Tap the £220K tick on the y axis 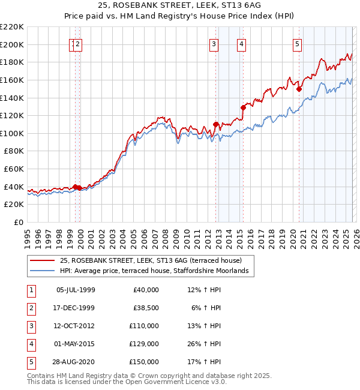pyautogui.click(x=12, y=27)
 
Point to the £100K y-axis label pyautogui.click(x=12, y=133)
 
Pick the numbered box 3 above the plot pyautogui.click(x=214, y=43)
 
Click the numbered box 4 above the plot pyautogui.click(x=241, y=43)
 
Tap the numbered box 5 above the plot pyautogui.click(x=297, y=43)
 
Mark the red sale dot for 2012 pyautogui.click(x=215, y=124)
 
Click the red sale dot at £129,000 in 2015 pyautogui.click(x=243, y=108)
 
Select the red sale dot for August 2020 pyautogui.click(x=299, y=89)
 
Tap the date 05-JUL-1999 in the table pyautogui.click(x=76, y=290)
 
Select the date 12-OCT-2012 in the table pyautogui.click(x=76, y=326)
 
